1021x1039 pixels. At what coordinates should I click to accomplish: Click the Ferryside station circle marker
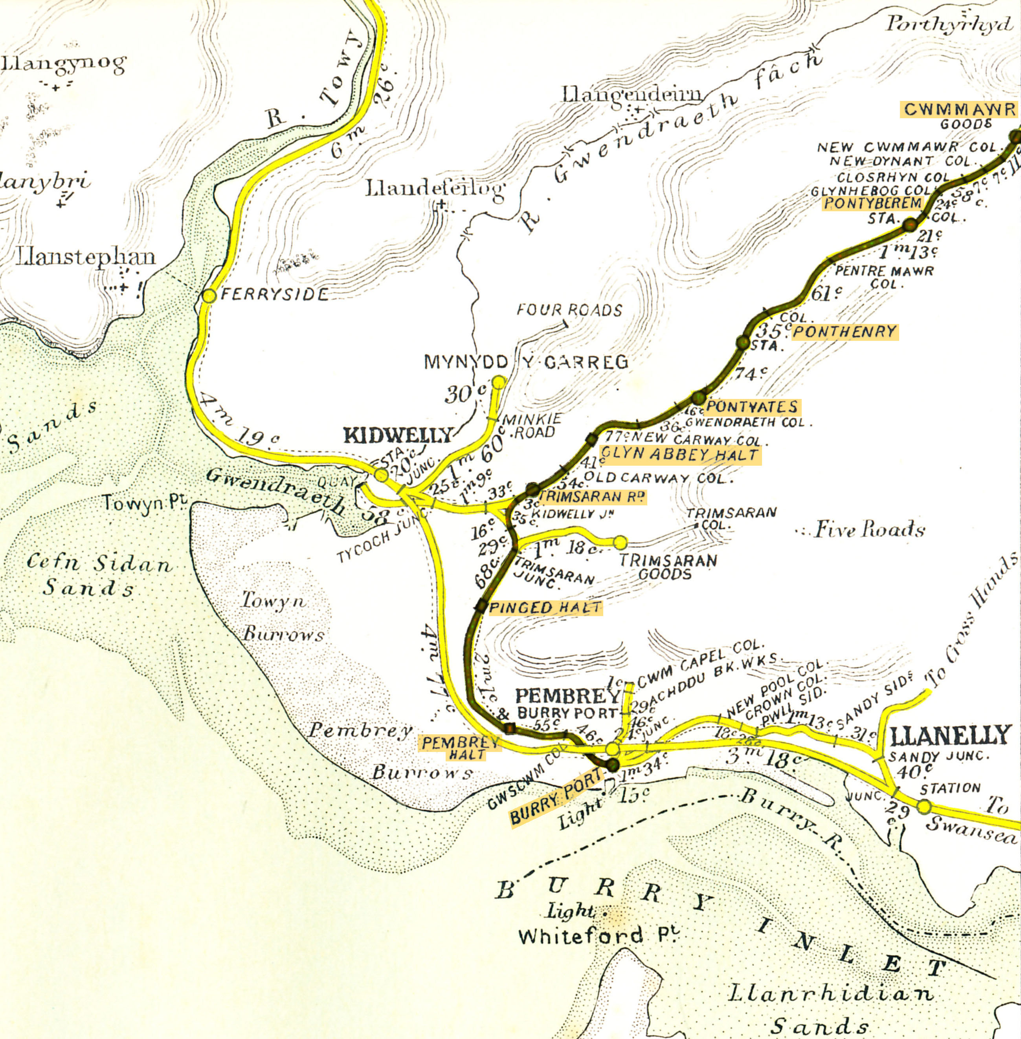209,295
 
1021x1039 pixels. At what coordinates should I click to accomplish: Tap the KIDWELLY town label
398,435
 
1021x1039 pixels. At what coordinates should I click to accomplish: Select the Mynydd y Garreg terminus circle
498,382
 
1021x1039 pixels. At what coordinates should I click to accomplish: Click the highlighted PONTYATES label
752,407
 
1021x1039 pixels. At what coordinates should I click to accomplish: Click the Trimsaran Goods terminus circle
620,542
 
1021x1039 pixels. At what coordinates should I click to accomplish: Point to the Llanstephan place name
86,257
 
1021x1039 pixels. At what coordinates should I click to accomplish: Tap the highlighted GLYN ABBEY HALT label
680,455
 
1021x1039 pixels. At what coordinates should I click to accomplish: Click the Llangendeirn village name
632,95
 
